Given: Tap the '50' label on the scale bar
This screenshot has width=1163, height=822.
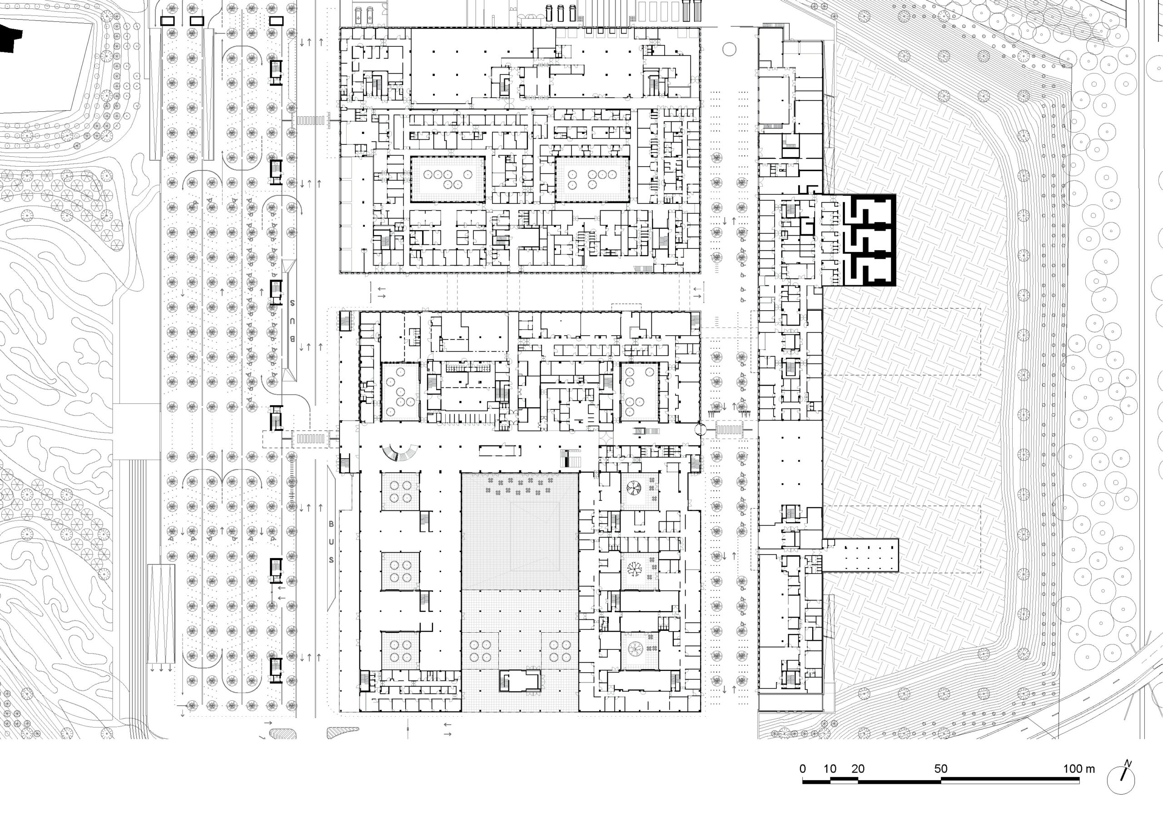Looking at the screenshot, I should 941,769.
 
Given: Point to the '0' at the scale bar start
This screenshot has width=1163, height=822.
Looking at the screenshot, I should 803,769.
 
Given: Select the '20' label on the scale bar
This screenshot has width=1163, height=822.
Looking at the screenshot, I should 858,769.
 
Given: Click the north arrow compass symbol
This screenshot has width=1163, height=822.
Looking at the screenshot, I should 1120,779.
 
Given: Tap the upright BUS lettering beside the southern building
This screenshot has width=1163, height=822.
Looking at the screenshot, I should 331,542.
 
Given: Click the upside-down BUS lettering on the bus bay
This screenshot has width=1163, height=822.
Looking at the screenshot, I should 292,321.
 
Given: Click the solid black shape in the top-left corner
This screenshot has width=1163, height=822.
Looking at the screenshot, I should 10,38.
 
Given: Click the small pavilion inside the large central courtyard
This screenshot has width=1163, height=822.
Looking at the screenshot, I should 520,680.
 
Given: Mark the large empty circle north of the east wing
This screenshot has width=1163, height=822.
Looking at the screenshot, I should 729,49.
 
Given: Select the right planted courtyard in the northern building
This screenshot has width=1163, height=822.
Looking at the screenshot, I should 592,179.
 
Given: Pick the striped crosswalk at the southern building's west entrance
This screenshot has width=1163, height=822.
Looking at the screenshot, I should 309,439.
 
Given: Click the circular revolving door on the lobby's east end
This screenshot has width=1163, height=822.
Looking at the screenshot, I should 700,430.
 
